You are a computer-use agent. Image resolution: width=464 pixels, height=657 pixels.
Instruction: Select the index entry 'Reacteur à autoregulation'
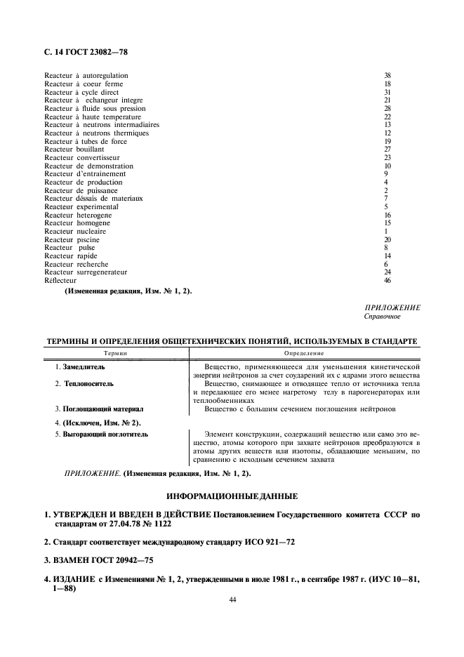86,75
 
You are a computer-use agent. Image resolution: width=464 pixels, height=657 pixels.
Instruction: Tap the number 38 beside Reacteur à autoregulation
387,75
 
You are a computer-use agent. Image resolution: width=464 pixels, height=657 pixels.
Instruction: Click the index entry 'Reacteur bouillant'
74,150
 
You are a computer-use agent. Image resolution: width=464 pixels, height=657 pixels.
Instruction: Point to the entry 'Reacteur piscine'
72,239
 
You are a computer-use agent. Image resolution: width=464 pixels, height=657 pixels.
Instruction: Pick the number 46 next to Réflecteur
387,281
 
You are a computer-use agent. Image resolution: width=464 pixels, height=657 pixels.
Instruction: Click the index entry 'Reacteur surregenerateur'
86,272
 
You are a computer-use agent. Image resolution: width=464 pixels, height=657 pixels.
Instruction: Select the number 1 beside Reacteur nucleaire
386,231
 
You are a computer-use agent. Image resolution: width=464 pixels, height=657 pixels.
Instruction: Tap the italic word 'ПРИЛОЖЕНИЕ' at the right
392,308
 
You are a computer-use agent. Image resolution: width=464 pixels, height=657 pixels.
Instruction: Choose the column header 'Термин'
115,353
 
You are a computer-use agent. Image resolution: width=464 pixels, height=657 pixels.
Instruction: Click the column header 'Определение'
304,353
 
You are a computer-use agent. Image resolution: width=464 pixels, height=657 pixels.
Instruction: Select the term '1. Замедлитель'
79,367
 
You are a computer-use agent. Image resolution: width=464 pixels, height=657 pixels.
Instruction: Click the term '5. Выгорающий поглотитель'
101,435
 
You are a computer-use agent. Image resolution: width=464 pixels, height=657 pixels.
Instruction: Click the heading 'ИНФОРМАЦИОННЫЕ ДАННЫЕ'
232,496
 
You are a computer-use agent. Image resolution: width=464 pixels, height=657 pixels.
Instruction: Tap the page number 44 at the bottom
232,601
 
